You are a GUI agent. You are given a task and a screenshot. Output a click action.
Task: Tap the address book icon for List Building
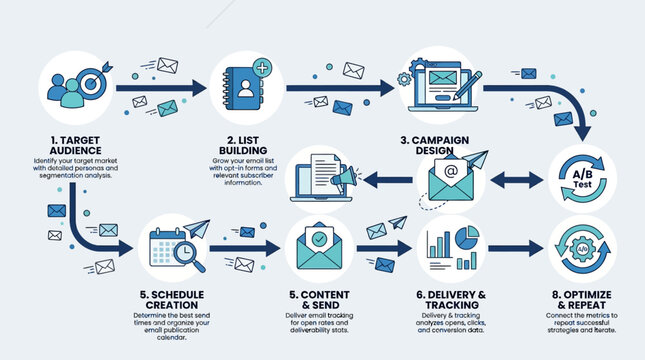[246, 88]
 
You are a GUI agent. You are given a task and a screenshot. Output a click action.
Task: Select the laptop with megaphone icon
[322, 180]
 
